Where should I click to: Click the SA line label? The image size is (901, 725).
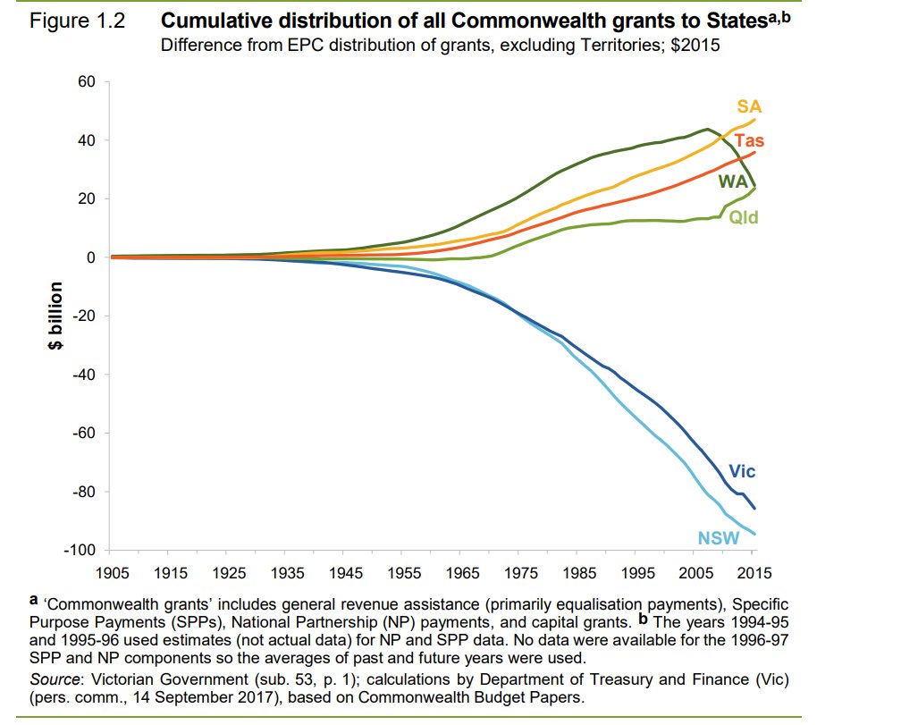(749, 106)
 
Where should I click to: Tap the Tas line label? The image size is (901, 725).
(749, 140)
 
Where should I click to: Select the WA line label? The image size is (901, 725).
(732, 181)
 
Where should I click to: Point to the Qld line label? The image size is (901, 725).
(744, 216)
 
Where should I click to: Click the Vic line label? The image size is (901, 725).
(742, 470)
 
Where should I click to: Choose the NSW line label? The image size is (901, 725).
(718, 538)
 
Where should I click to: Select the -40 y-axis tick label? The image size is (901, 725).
(86, 375)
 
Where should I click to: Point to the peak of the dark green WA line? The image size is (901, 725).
(707, 129)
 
